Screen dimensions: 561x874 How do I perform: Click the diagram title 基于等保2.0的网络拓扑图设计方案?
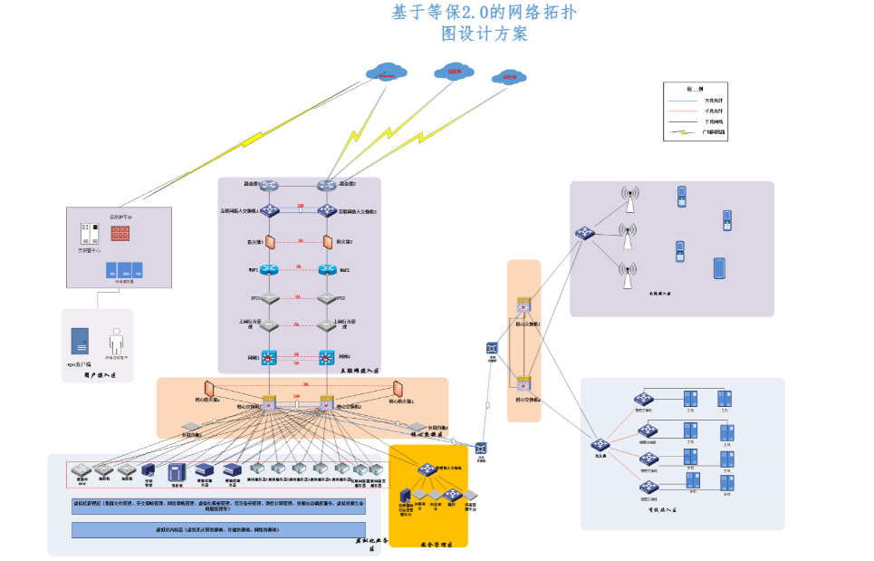[x=484, y=23]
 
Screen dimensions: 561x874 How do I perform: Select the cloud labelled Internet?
[x=387, y=72]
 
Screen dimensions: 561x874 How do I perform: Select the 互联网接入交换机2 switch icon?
[x=326, y=211]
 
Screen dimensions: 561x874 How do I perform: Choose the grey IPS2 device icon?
[x=326, y=297]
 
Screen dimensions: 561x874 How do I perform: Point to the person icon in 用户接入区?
[x=115, y=342]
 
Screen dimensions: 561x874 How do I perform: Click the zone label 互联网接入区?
[x=358, y=371]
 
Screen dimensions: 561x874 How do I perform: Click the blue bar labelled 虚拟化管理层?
[x=218, y=505]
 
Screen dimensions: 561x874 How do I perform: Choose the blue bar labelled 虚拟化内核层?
[x=218, y=530]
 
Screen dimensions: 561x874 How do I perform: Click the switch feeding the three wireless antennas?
[x=584, y=233]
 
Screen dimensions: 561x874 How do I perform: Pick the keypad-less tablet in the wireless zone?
[x=719, y=269]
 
